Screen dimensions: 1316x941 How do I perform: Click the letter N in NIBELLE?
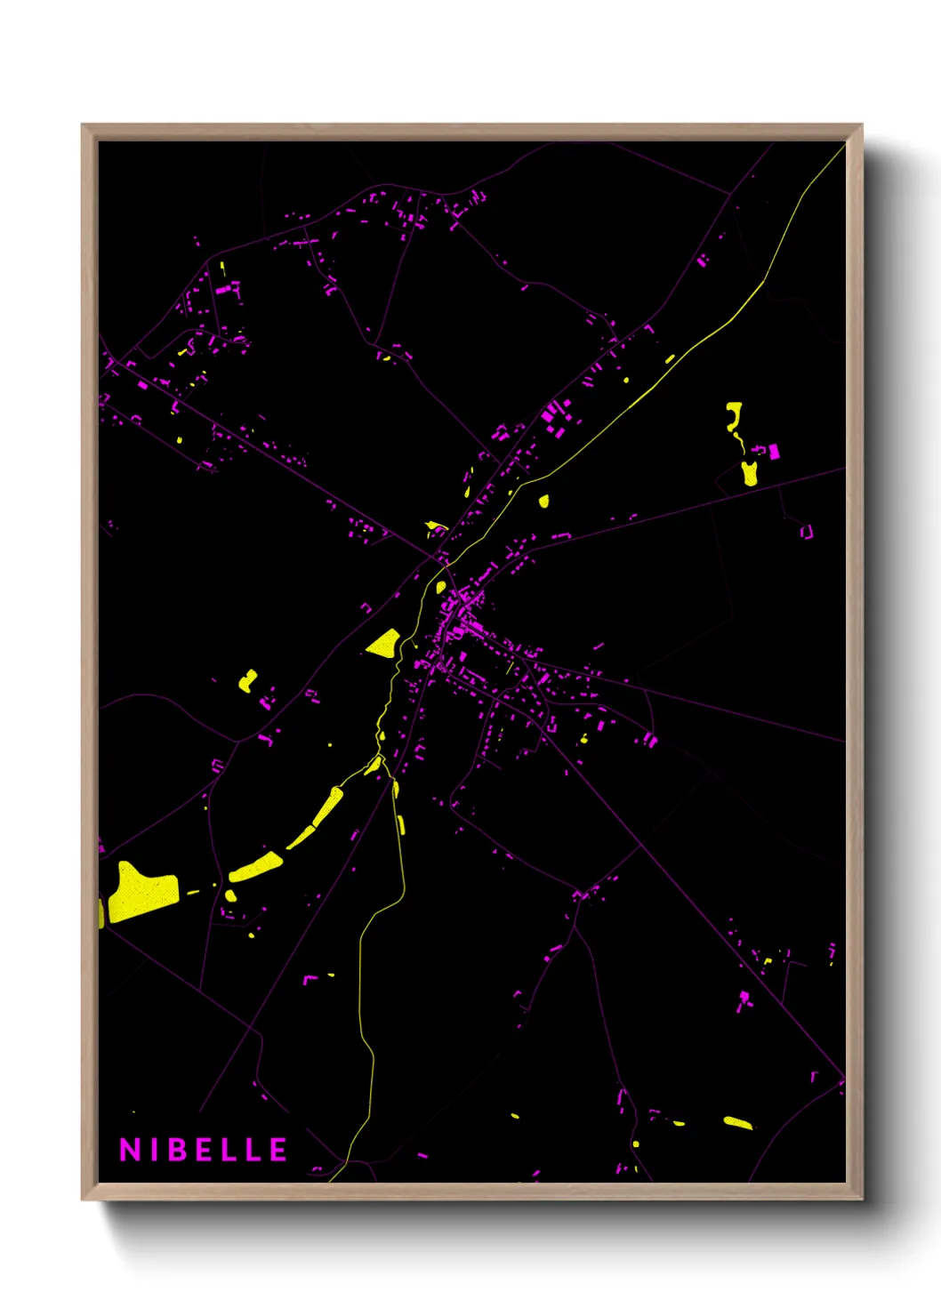130,1150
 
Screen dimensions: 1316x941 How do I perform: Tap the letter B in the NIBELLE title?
180,1150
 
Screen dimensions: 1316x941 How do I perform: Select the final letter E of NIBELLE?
278,1150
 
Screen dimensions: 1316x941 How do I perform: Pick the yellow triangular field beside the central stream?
385,643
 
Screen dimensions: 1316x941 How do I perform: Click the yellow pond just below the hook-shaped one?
750,473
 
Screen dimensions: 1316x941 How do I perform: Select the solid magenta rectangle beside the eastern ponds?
774,452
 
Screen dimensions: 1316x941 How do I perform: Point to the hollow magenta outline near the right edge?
807,532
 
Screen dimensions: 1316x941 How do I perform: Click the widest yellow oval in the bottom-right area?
737,1123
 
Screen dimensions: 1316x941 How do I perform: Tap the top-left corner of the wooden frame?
83,125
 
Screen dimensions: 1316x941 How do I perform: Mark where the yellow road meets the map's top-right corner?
843,145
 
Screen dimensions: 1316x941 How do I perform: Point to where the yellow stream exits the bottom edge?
331,1180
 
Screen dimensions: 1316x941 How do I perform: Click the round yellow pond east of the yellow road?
543,501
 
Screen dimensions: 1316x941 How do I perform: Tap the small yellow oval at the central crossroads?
440,587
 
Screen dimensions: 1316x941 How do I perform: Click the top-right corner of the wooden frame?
861,125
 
